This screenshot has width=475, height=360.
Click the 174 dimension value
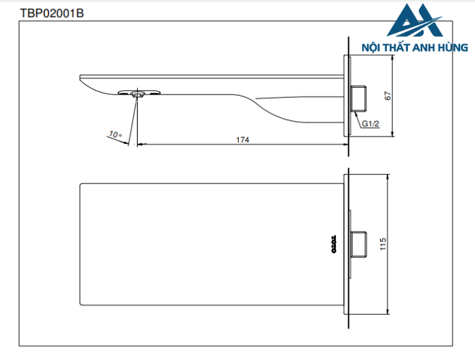pyautogui.click(x=242, y=139)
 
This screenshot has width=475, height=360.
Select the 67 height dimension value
pyautogui.click(x=388, y=96)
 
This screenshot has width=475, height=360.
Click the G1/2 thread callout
pyautogui.click(x=370, y=124)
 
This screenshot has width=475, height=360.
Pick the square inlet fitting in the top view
pyautogui.click(x=358, y=244)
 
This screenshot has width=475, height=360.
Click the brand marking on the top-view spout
pyautogui.click(x=334, y=243)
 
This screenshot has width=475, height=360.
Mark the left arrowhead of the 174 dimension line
pyautogui.click(x=140, y=144)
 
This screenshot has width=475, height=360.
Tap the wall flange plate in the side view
pyautogui.click(x=348, y=96)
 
